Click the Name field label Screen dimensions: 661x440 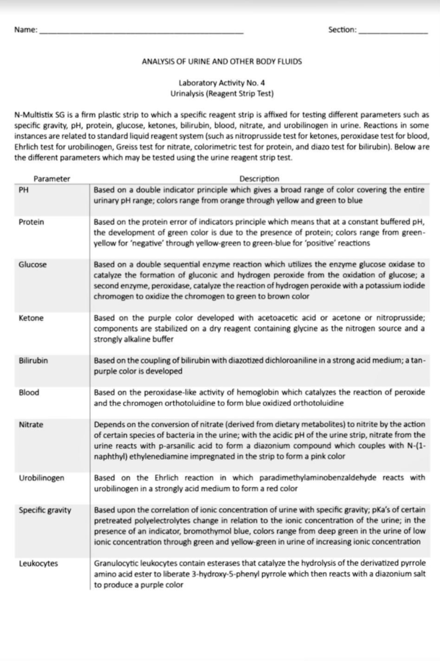[x=26, y=30]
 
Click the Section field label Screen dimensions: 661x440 [x=342, y=30]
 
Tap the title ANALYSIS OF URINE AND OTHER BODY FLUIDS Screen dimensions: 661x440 [x=222, y=62]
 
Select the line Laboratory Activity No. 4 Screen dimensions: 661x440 [x=222, y=83]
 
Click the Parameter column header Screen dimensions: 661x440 [x=52, y=179]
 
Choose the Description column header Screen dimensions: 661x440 [x=259, y=179]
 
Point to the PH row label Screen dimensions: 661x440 [x=23, y=190]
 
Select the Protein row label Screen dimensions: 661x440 [x=31, y=222]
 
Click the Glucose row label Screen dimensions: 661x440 [x=33, y=264]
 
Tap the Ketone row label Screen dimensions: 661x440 [x=31, y=318]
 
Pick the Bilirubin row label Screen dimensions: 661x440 [x=33, y=360]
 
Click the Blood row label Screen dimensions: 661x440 [x=29, y=393]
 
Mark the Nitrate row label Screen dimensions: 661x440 [x=31, y=424]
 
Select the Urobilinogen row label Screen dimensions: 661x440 [x=41, y=478]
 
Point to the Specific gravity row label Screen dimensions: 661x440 [x=45, y=510]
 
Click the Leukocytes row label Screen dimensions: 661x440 [x=38, y=563]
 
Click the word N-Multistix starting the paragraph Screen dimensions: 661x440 [x=34, y=115]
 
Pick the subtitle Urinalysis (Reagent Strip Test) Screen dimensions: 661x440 [x=222, y=94]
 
